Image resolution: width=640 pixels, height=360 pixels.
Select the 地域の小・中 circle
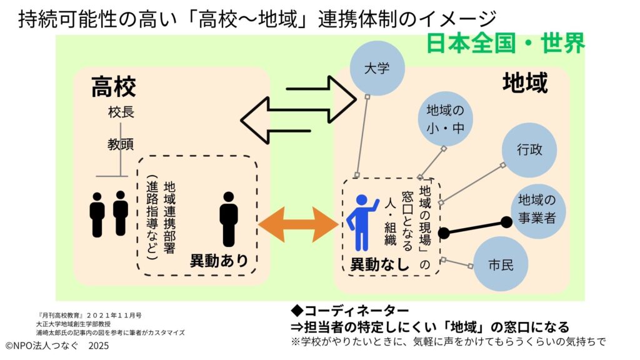tap(445, 119)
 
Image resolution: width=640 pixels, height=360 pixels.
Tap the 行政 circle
tap(529, 151)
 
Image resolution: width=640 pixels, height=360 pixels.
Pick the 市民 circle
tap(501, 264)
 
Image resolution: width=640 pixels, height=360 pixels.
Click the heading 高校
tap(113, 87)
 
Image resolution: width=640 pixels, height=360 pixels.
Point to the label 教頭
tap(121, 144)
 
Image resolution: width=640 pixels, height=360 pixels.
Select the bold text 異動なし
tap(379, 264)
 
